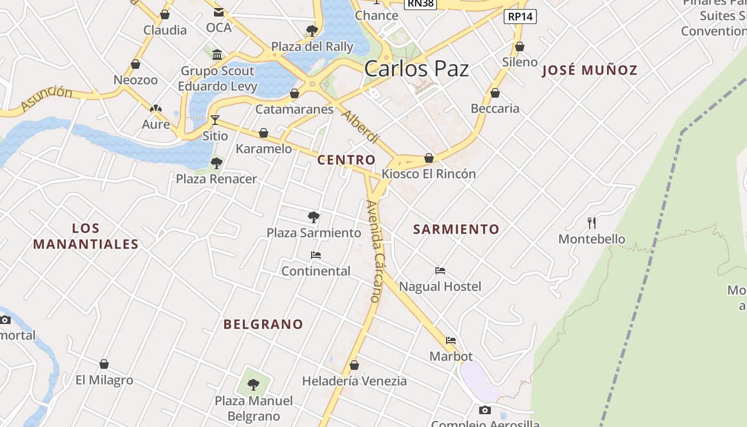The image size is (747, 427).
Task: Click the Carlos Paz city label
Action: click(x=417, y=69)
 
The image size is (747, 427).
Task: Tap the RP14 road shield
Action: click(x=520, y=17)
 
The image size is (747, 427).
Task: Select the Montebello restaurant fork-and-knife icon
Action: click(x=591, y=223)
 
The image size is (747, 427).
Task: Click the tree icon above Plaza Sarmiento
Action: click(x=314, y=217)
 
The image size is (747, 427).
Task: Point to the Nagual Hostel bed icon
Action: click(x=440, y=271)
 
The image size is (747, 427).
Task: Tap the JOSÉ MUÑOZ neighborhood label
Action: click(x=590, y=70)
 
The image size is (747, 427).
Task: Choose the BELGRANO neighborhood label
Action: click(x=263, y=324)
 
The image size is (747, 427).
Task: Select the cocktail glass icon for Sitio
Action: click(x=215, y=120)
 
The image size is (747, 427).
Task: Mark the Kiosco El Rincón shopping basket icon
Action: click(x=428, y=158)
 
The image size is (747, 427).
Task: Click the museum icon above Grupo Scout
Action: click(x=217, y=54)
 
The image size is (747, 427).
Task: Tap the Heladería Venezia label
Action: click(x=354, y=381)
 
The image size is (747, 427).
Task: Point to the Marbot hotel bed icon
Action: click(x=451, y=341)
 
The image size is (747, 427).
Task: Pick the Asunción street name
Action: click(x=47, y=98)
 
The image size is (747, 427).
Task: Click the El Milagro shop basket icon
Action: click(x=104, y=364)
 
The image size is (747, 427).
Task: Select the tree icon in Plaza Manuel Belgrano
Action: click(x=253, y=384)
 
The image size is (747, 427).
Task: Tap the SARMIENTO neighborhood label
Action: click(x=456, y=229)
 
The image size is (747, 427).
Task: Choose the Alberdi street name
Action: click(x=360, y=127)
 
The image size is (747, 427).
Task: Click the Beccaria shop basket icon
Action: click(x=495, y=93)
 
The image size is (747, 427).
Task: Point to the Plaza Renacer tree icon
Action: click(x=216, y=163)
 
